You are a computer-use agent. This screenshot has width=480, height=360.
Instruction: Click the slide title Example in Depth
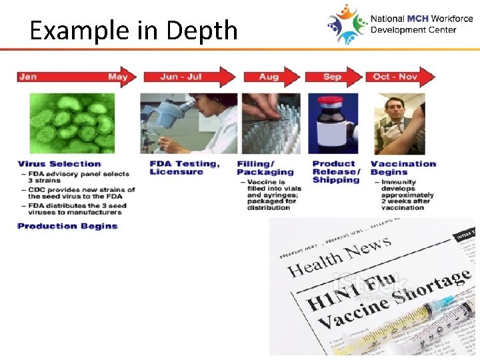click(133, 30)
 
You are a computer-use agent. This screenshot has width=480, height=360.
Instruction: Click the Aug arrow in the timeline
click(271, 77)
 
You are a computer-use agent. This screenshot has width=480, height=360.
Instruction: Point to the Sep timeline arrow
click(333, 77)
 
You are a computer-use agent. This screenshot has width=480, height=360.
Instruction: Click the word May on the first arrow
click(117, 77)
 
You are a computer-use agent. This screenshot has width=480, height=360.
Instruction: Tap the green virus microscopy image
click(71, 123)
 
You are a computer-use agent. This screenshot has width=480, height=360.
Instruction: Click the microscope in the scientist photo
click(163, 120)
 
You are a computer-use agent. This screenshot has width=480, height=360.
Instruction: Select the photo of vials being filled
click(271, 123)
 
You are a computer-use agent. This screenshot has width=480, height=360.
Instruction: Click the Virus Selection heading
click(59, 164)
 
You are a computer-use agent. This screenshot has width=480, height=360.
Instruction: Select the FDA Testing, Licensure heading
click(185, 168)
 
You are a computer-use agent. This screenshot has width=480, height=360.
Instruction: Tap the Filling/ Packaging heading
click(265, 168)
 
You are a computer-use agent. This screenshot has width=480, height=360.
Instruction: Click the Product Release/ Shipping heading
click(336, 172)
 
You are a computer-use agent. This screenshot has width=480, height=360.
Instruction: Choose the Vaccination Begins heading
click(403, 168)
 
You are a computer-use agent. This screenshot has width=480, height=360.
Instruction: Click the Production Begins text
click(67, 226)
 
